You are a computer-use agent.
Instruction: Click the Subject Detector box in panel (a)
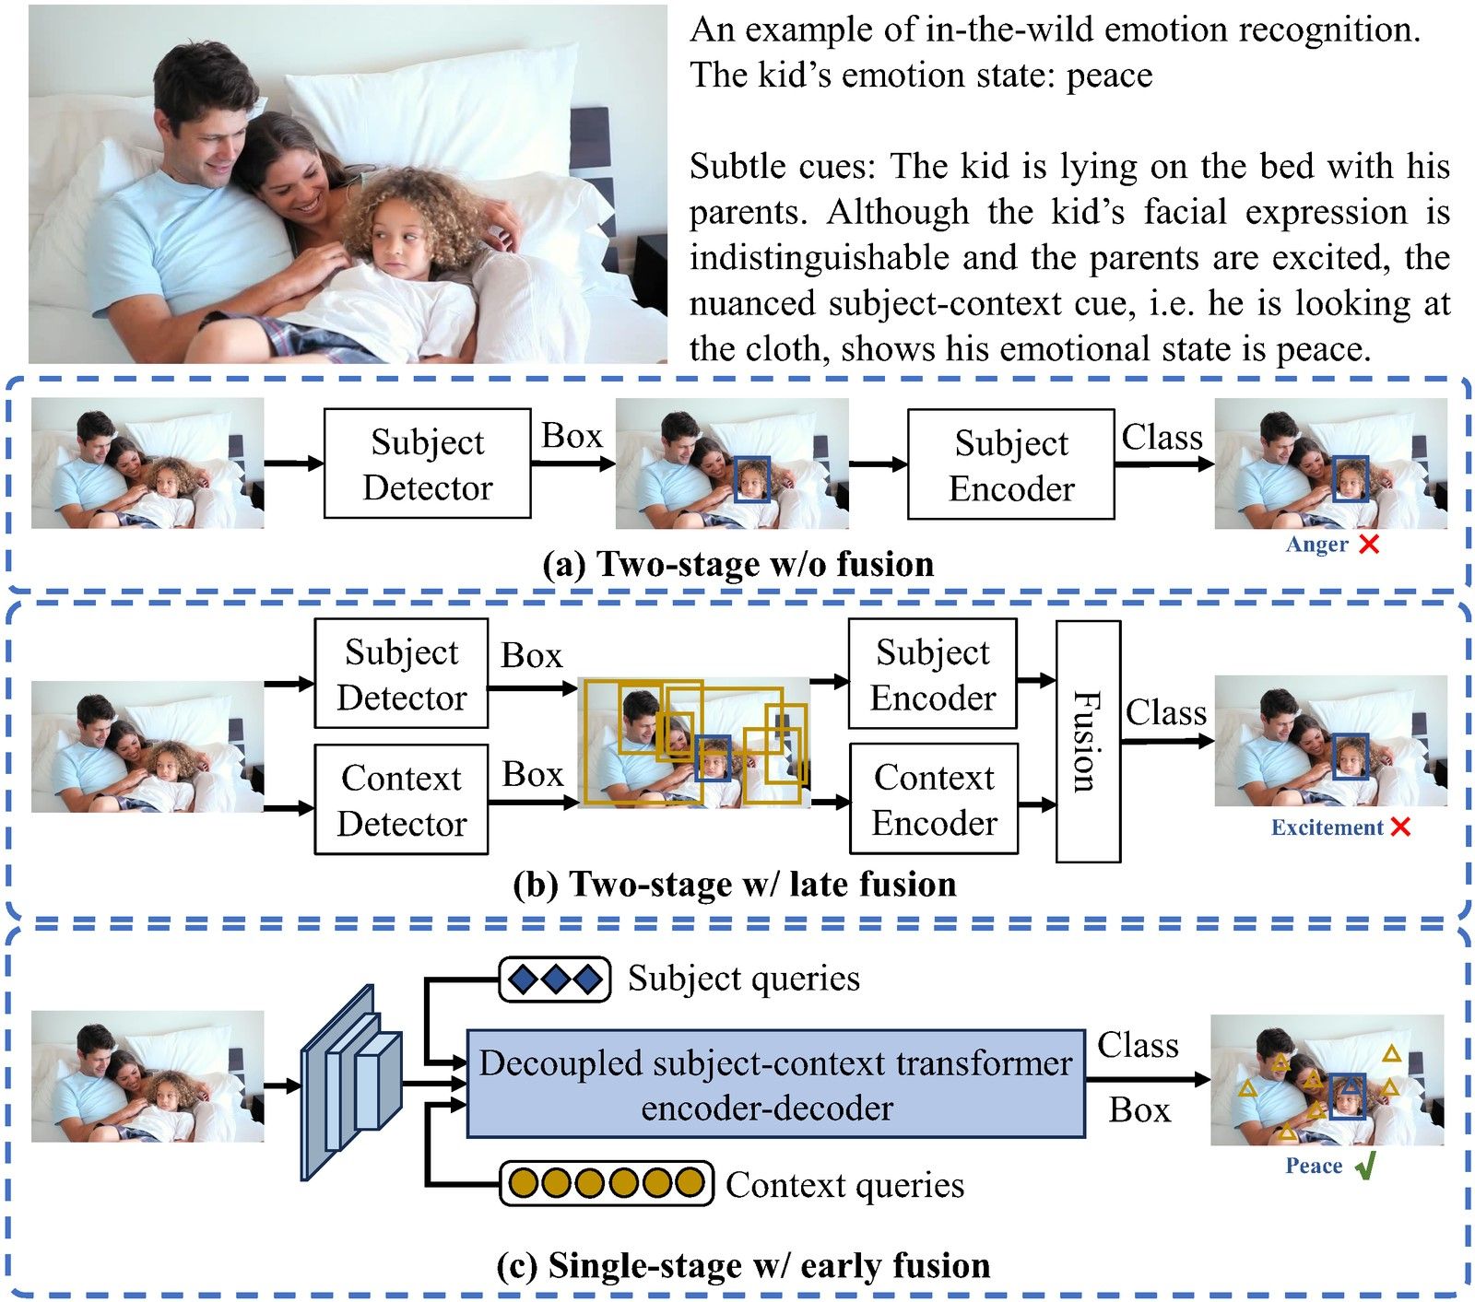click(x=427, y=463)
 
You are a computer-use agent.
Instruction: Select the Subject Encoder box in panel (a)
click(x=1010, y=464)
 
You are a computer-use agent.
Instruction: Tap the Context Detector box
click(x=401, y=799)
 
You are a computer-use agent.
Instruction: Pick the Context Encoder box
click(x=933, y=799)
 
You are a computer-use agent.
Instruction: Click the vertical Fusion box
click(x=1088, y=741)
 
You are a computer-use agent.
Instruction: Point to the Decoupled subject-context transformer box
click(x=775, y=1084)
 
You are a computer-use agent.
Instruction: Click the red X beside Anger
click(x=1369, y=545)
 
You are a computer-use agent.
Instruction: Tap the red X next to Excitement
click(x=1400, y=827)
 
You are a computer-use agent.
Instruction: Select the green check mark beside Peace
click(x=1366, y=1167)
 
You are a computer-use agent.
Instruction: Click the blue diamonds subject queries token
click(x=555, y=979)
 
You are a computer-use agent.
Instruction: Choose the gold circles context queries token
click(x=607, y=1183)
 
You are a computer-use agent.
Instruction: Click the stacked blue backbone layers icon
click(x=350, y=1082)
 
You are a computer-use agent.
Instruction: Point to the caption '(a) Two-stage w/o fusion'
click(x=737, y=564)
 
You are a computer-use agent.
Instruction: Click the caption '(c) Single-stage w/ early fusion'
click(x=743, y=1265)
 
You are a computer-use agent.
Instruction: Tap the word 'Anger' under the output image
click(x=1316, y=545)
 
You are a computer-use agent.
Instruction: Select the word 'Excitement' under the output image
click(x=1327, y=827)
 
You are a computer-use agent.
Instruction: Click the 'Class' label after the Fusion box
click(x=1166, y=713)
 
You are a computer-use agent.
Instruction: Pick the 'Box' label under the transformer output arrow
click(x=1139, y=1110)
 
